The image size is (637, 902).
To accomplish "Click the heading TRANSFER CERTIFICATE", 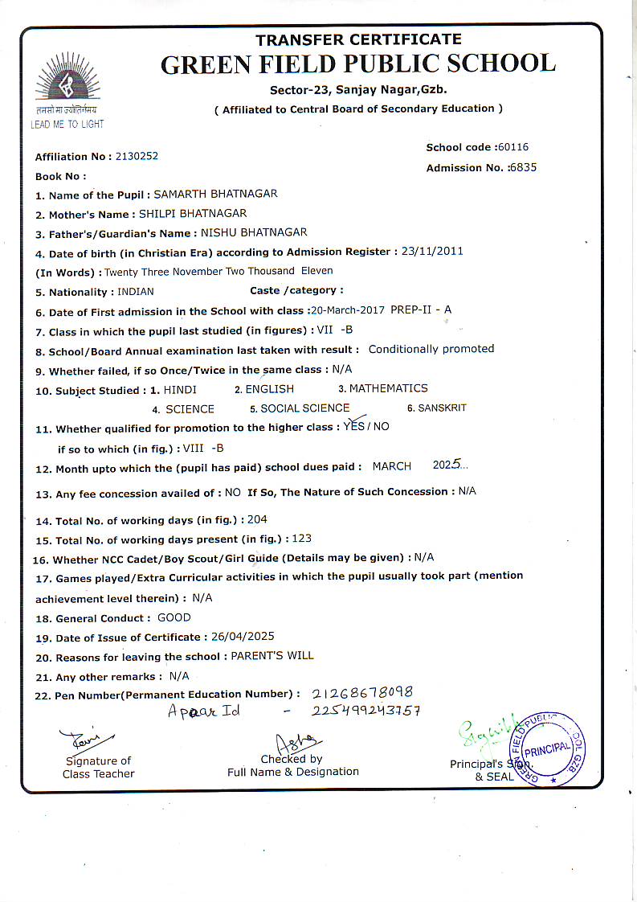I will pos(358,39).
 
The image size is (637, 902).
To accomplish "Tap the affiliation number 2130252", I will pos(132,156).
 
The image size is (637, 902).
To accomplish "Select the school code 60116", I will pos(513,147).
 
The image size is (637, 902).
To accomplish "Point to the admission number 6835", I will pos(522,167).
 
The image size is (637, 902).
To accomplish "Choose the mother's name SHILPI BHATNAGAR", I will pos(193,214).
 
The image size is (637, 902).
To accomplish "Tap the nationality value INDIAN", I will pos(136,292).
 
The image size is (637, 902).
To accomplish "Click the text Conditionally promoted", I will pos(431,349).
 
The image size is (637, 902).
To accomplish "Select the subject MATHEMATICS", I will pos(388,388).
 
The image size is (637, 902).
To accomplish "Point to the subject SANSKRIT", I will pos(442,408).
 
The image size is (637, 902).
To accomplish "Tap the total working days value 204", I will pos(258,519).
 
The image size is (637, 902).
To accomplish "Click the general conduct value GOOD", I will pos(174,617).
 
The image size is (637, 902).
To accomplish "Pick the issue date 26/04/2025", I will pos(243,637).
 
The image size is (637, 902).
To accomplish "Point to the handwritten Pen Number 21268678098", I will pos(361,692).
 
